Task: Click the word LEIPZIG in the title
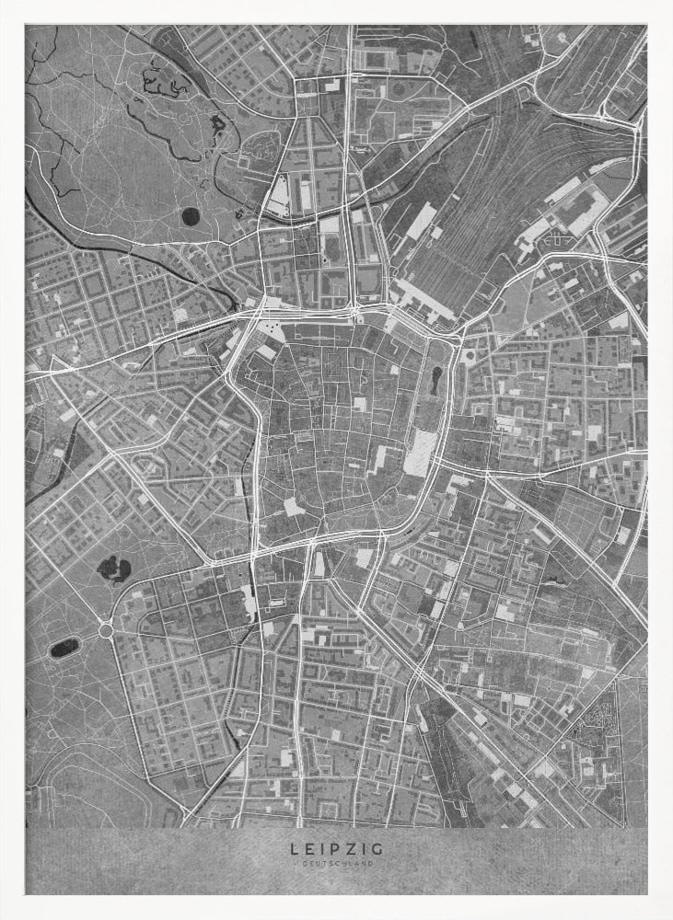click(337, 848)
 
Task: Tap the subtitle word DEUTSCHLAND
click(337, 864)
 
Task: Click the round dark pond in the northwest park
click(190, 217)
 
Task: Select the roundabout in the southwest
click(105, 631)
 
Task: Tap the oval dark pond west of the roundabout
click(64, 648)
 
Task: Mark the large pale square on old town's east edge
click(419, 453)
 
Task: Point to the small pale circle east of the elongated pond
click(470, 355)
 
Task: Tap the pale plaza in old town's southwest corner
click(293, 506)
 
